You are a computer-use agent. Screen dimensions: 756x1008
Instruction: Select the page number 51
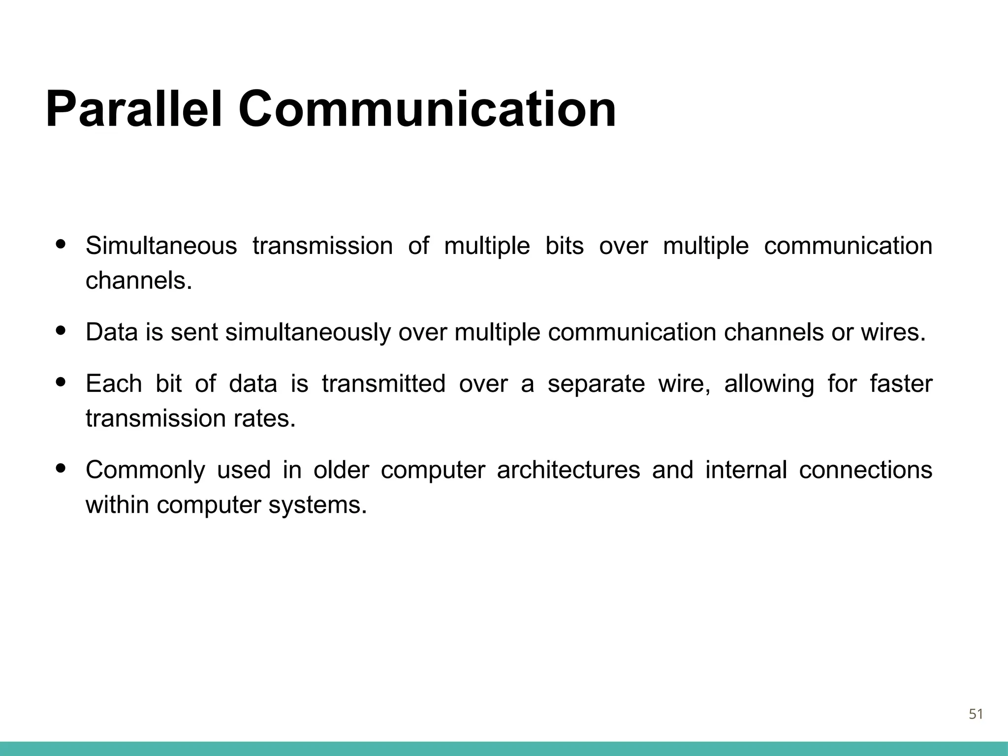976,714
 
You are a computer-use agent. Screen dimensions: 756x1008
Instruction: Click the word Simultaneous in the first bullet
161,246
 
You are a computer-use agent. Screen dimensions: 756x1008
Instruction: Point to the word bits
564,246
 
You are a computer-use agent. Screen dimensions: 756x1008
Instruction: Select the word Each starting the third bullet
114,383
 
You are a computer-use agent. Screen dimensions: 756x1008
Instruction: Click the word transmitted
383,383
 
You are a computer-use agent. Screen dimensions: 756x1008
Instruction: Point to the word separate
596,384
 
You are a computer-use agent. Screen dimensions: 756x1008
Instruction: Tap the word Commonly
145,471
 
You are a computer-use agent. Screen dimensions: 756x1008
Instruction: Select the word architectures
568,470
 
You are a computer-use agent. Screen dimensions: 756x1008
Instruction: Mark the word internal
746,470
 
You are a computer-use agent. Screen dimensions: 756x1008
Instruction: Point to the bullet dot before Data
61,331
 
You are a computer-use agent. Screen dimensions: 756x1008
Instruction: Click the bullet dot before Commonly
61,468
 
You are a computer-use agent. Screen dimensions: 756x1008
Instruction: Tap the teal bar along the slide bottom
504,749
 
